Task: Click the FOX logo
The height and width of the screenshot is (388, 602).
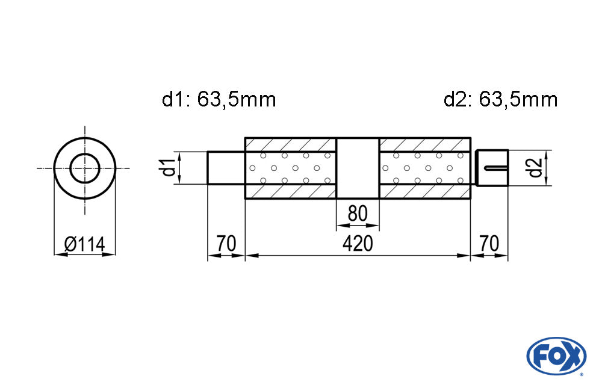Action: (556, 356)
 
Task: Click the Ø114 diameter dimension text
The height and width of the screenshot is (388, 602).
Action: (84, 244)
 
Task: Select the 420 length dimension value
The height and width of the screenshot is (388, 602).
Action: (358, 244)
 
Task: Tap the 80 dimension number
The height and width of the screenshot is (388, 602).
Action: (358, 214)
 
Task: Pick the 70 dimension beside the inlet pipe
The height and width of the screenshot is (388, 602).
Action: (226, 244)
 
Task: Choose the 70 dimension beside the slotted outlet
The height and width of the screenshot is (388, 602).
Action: (489, 244)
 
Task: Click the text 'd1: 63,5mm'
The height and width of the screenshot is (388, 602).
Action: (219, 100)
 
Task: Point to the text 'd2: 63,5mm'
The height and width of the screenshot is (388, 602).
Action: (501, 100)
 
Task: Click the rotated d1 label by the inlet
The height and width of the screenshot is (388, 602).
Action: (169, 168)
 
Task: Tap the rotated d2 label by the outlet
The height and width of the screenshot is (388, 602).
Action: (535, 168)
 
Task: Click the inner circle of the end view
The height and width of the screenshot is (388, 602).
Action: (85, 168)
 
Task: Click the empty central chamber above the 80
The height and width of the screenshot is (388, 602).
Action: (358, 168)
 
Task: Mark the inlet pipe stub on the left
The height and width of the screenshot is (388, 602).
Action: (226, 168)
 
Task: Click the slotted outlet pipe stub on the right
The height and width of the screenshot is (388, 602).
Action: (492, 168)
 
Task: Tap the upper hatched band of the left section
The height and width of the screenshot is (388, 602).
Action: (291, 145)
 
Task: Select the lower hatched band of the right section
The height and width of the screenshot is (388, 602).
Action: (424, 191)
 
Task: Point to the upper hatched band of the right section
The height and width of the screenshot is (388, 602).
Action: (424, 145)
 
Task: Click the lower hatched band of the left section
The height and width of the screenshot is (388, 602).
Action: (291, 191)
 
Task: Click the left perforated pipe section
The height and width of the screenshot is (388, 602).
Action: (291, 168)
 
